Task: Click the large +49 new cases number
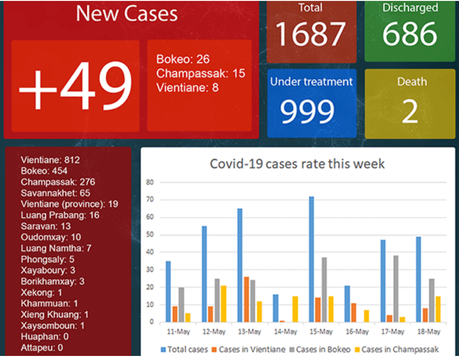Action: (75, 85)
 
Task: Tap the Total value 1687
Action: (311, 34)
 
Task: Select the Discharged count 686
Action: (410, 34)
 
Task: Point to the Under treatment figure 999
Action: (307, 111)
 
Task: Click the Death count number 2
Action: (410, 112)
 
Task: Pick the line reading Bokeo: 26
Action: (183, 59)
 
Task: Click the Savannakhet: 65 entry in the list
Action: (55, 193)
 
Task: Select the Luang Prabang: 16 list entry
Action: (60, 215)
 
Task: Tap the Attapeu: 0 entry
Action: (41, 347)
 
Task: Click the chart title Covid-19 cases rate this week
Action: (298, 163)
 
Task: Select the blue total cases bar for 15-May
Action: (312, 259)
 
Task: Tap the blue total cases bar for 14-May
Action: (275, 308)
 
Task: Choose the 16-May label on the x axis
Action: (357, 332)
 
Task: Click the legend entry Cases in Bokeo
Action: (322, 349)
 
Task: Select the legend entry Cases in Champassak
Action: (396, 349)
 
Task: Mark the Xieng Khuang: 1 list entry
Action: (55, 314)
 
